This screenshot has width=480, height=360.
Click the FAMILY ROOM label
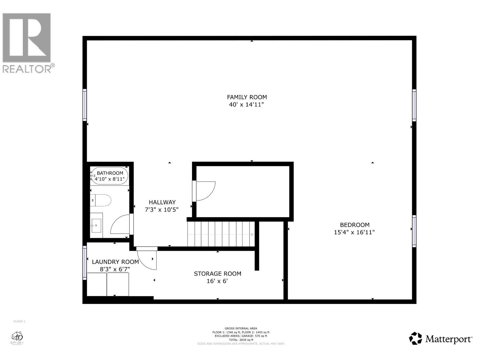point(247,97)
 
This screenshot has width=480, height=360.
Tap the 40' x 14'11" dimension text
point(247,105)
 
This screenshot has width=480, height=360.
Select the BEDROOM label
point(354,225)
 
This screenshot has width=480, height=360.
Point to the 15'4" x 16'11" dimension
point(354,232)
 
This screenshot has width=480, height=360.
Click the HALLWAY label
point(162,202)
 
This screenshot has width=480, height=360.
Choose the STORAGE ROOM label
point(217,274)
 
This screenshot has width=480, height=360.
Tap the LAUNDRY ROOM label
point(115,262)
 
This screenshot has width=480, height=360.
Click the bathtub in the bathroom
point(110,176)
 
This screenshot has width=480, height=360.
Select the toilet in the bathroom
point(102,200)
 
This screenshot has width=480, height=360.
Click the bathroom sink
point(97,225)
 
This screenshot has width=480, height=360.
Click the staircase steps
point(221,234)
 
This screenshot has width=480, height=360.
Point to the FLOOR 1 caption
point(19,322)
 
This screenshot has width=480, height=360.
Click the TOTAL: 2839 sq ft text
point(241,340)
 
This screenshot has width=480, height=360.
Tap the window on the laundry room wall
point(85,263)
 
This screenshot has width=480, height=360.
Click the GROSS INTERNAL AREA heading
point(241,328)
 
